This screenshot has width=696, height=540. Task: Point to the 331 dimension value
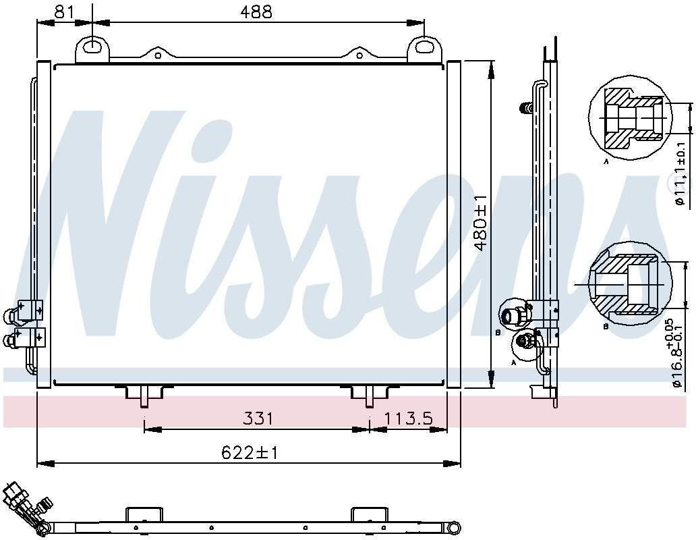[x=258, y=418]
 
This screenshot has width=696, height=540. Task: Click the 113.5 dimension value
[x=408, y=418]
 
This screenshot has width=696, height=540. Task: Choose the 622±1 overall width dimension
[x=250, y=453]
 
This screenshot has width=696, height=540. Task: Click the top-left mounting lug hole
[x=92, y=46]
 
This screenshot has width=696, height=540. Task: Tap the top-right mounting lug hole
[x=424, y=46]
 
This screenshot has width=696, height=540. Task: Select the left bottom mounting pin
[x=144, y=398]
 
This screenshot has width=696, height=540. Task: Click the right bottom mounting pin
[x=369, y=398]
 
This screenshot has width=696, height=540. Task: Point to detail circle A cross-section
[x=631, y=122]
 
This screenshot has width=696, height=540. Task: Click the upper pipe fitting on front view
[x=13, y=315]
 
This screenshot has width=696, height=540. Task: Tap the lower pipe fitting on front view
[x=12, y=340]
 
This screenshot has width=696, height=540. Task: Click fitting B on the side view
[x=511, y=315]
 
